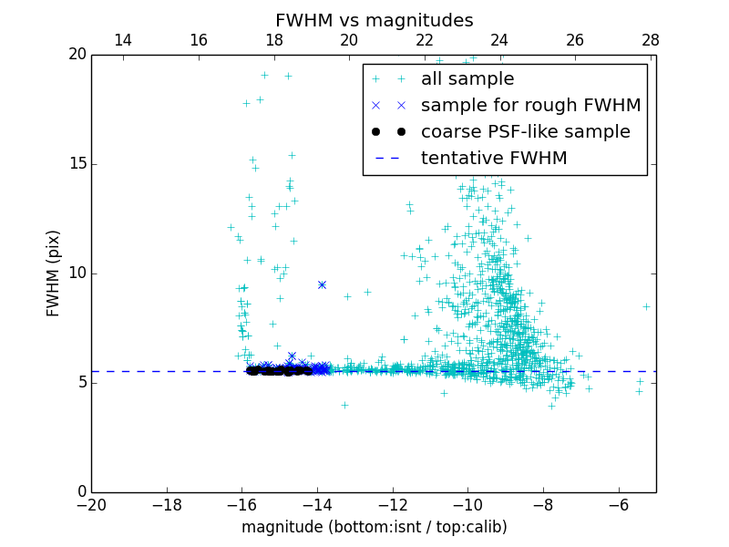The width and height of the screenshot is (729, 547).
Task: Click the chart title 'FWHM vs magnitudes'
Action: (374, 20)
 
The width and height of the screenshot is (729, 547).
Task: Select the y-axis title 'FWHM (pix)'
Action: (54, 273)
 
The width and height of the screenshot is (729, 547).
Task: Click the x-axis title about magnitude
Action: (374, 527)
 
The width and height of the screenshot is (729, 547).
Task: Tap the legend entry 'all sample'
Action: (467, 79)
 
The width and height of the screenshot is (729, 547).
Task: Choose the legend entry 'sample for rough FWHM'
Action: (530, 106)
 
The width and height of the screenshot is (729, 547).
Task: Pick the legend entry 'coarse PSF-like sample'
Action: (525, 131)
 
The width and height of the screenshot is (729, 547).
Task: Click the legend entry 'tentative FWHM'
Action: (493, 158)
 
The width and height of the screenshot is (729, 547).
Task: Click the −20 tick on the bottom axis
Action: (92, 505)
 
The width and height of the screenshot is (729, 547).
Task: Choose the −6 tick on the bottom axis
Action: (618, 505)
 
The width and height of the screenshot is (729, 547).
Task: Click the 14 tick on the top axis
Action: (123, 40)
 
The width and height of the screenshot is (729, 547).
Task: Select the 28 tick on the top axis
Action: (650, 40)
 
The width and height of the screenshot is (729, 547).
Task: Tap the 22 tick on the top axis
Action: (425, 40)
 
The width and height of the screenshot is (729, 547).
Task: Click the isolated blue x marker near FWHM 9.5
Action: (322, 284)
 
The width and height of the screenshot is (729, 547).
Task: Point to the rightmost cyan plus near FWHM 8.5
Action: (646, 306)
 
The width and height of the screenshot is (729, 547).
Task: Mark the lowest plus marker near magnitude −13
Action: (344, 405)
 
